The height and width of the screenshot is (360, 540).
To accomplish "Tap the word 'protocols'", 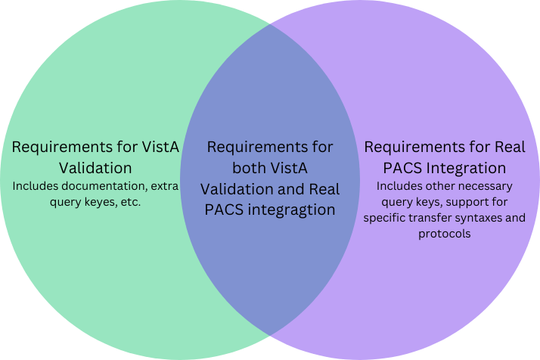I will point(444,234).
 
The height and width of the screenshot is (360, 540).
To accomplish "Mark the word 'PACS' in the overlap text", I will point(224,209).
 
